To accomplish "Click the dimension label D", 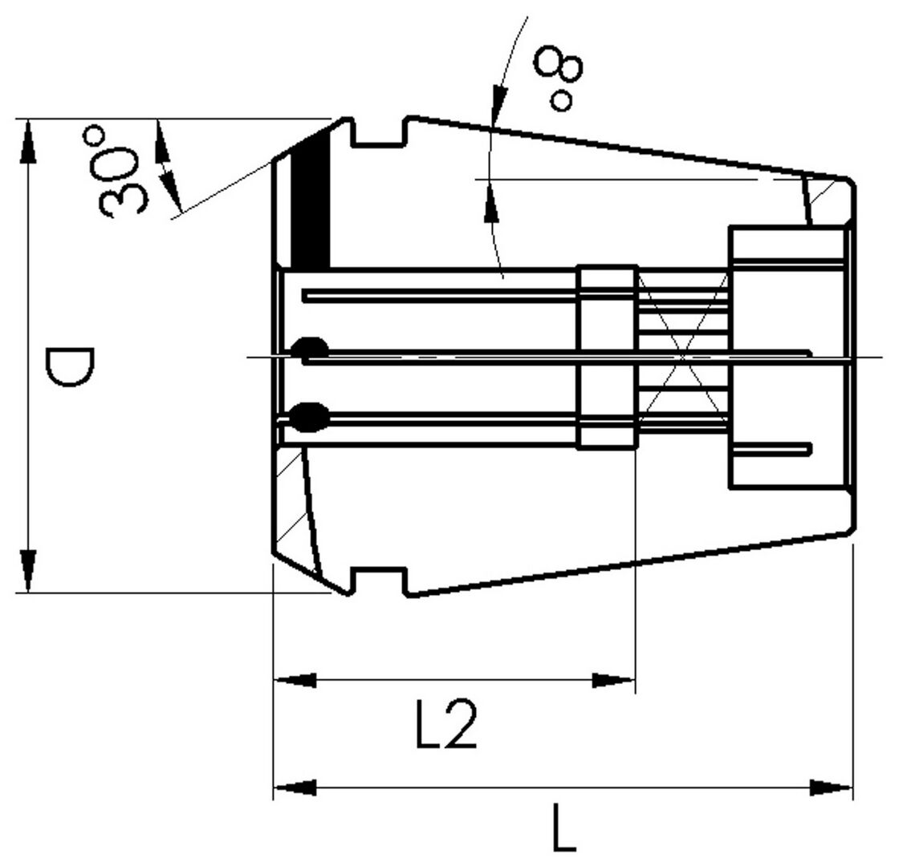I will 69,366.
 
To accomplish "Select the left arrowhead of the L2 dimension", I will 295,681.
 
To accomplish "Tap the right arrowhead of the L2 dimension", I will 614,681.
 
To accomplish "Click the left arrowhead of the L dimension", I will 295,787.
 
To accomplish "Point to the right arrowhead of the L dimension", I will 832,787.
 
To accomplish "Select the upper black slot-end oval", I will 309,350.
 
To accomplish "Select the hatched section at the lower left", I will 291,505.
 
